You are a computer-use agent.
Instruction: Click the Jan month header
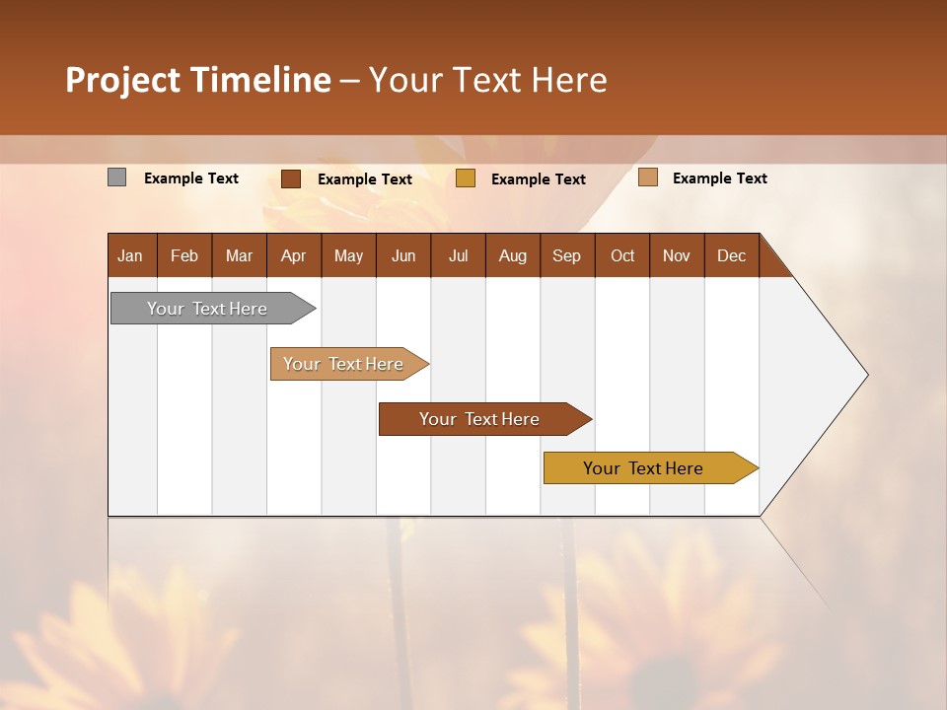coord(130,255)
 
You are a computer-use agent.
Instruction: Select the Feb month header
coord(184,255)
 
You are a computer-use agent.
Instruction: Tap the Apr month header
coord(293,255)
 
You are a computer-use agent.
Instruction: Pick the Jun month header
coord(402,255)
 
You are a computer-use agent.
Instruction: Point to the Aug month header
coord(512,255)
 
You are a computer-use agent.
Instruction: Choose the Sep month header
coord(566,255)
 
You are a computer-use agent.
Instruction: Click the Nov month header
coord(676,255)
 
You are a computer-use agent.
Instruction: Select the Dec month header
coord(731,255)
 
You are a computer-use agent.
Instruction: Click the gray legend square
coord(116,177)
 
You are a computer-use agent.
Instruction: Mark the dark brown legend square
coord(290,178)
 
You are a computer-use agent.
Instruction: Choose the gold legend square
coord(466,178)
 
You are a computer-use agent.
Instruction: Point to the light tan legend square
coord(647,177)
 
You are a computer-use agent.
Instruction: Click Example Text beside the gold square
coord(538,178)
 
